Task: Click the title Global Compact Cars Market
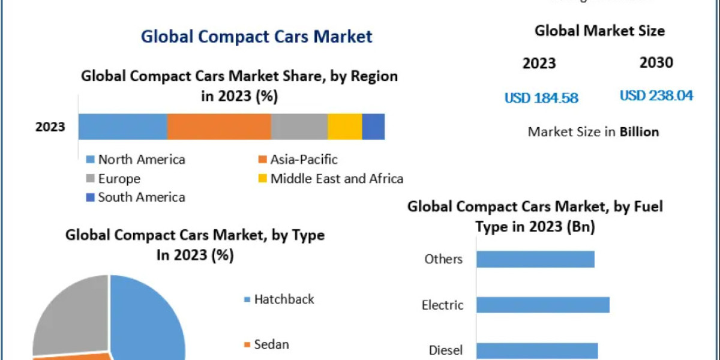(256, 36)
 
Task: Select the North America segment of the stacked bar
(122, 127)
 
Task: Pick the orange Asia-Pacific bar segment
(219, 127)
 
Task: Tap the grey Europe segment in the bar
(299, 127)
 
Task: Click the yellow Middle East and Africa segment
(344, 127)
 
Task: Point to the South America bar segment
(373, 127)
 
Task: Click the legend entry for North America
(142, 160)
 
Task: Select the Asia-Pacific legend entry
(304, 160)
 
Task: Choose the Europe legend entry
(119, 179)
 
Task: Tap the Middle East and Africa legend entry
(337, 179)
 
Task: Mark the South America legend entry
(142, 197)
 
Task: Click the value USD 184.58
(541, 98)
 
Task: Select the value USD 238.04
(656, 95)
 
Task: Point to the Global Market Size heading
(599, 31)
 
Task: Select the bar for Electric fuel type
(543, 305)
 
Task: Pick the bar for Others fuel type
(535, 259)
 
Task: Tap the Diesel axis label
(445, 350)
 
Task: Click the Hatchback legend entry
(284, 299)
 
